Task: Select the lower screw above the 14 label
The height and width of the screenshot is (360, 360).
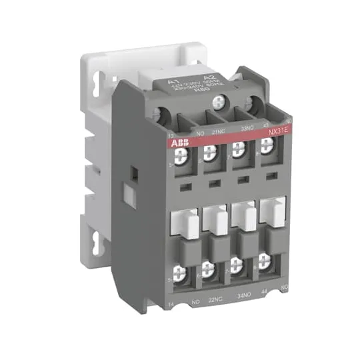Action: click(x=179, y=271)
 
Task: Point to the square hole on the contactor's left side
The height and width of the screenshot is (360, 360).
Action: click(x=131, y=173)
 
